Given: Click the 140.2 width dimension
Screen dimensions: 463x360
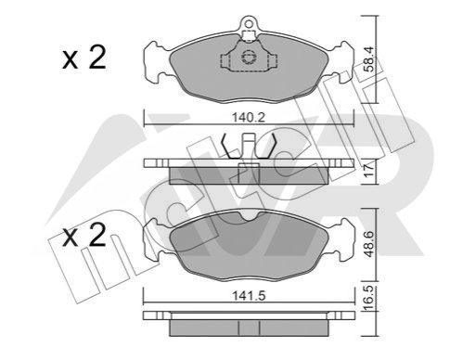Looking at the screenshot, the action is tap(249, 118).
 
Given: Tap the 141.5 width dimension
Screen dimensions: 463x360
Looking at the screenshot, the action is tap(249, 296).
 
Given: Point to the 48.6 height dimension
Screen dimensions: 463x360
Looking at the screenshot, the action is tap(370, 244).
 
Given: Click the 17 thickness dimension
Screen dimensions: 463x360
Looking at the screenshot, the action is tap(370, 171).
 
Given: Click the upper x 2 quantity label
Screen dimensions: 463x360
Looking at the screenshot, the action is tap(84, 58).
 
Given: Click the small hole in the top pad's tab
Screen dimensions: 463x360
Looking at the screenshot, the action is tap(249, 23).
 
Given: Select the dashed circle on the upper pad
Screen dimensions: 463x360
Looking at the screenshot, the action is tap(249, 58).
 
